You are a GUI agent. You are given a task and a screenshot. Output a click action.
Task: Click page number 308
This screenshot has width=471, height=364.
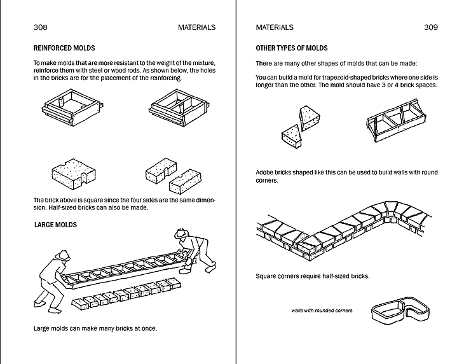(40, 27)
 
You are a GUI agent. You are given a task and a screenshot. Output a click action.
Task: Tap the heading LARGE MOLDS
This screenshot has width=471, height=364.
(55, 225)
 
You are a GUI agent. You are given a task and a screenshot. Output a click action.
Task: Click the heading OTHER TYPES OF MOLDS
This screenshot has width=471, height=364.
(291, 48)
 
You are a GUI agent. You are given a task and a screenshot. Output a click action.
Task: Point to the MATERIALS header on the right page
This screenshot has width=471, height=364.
(275, 27)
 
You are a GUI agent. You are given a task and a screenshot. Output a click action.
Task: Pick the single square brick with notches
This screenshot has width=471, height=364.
(73, 173)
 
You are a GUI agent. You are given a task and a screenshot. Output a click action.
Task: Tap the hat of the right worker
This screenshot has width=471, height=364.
(183, 234)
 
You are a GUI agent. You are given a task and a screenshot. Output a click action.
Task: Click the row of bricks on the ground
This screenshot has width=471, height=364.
(125, 295)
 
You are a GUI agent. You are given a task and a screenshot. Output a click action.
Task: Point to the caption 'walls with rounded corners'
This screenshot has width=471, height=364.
(322, 311)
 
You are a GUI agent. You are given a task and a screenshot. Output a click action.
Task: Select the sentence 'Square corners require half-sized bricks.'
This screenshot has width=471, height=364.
(312, 276)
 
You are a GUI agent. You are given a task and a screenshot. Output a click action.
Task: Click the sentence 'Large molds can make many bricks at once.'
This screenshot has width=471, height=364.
(95, 328)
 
